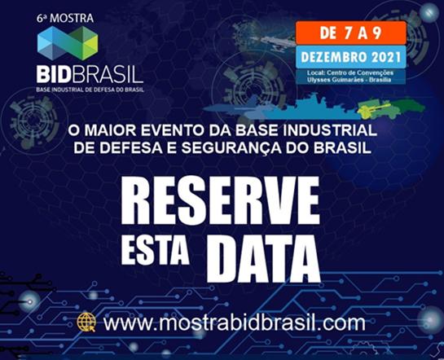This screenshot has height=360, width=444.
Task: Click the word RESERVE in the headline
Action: tap(220, 200)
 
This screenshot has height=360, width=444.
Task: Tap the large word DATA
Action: tap(263, 259)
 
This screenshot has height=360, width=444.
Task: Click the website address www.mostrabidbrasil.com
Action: tap(234, 323)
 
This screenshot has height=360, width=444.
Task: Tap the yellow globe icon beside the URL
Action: tap(86, 322)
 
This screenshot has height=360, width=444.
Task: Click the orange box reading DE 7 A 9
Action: tap(351, 33)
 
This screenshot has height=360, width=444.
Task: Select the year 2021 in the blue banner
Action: tap(386, 58)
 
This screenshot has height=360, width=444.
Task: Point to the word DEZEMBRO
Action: tap(335, 58)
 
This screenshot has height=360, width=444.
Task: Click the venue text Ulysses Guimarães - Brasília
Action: tap(349, 80)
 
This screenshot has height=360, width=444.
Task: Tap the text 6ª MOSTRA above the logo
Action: tap(65, 19)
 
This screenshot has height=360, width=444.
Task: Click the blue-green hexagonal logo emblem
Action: tap(68, 43)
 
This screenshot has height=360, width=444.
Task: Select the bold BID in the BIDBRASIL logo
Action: tap(54, 74)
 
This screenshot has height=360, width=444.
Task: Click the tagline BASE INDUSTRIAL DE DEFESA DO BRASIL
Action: tap(90, 90)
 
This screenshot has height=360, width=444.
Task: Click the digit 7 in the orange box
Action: tap(349, 33)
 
